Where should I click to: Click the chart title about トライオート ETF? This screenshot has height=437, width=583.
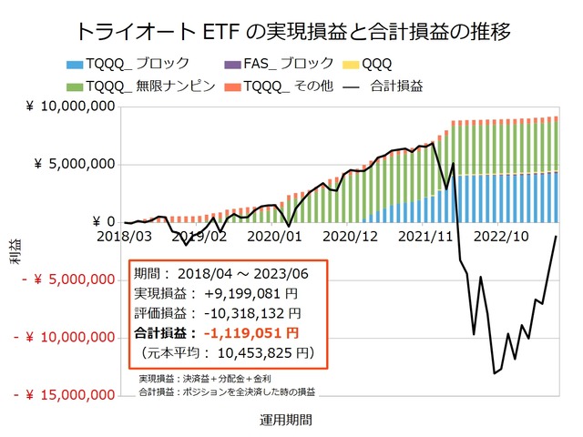tap(291, 30)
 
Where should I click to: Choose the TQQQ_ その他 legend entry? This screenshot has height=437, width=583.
tap(295, 86)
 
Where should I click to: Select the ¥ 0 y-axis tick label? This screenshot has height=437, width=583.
tap(103, 222)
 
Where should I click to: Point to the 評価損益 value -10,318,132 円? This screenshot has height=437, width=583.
tap(243, 313)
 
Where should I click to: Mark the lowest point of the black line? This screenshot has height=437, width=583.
tap(494, 373)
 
